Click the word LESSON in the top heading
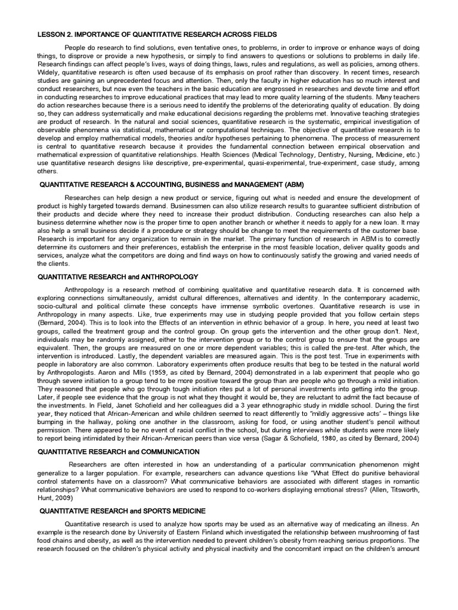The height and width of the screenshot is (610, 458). point(51,35)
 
